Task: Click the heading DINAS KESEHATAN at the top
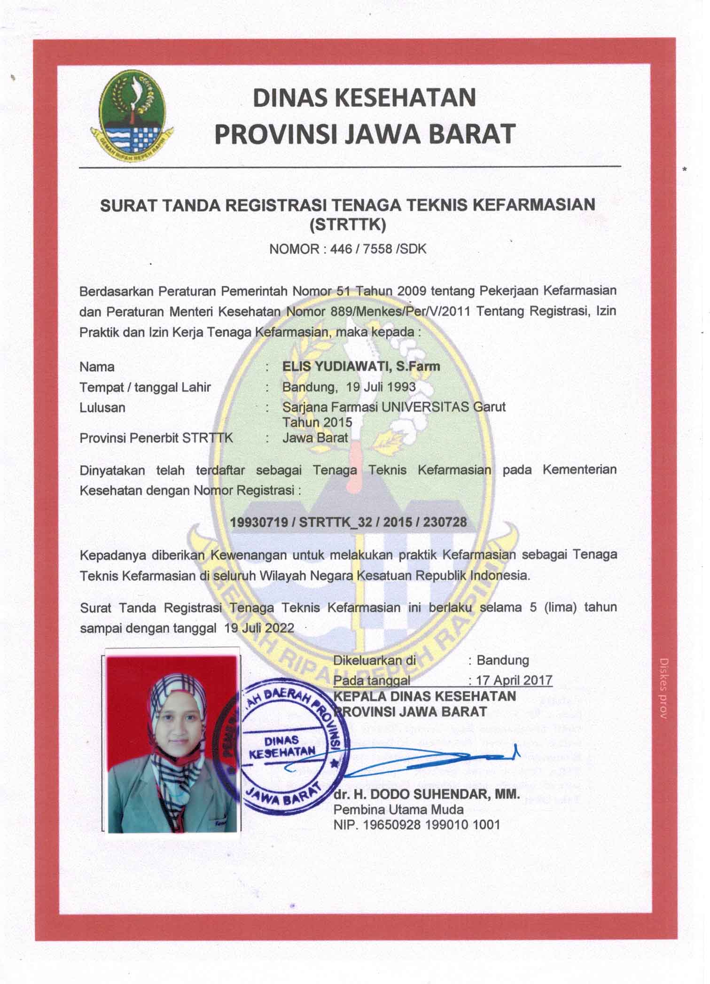(x=364, y=97)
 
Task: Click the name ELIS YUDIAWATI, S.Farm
(x=361, y=367)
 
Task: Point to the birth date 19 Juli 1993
(x=381, y=387)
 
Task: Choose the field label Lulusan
(x=102, y=407)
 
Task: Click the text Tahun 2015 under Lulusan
(x=317, y=422)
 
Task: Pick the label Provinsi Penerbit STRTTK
(x=156, y=438)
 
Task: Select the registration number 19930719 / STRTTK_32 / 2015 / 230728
(x=348, y=522)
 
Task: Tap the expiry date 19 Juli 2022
(x=259, y=628)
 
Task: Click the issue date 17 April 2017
(x=514, y=680)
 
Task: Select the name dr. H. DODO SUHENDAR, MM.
(x=427, y=794)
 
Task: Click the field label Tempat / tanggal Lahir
(x=145, y=387)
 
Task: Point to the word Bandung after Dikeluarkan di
(x=503, y=660)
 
